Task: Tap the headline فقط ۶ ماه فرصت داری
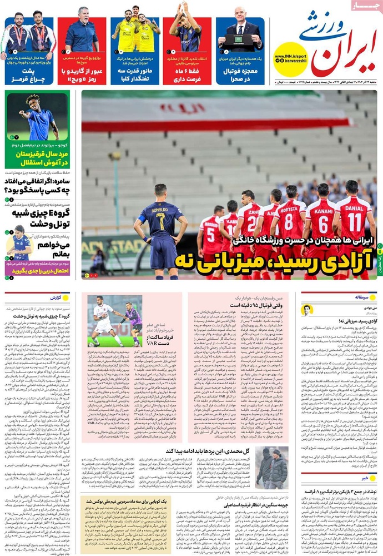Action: click(187, 76)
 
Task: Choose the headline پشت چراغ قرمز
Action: click(29, 76)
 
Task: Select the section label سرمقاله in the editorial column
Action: click(364, 297)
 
